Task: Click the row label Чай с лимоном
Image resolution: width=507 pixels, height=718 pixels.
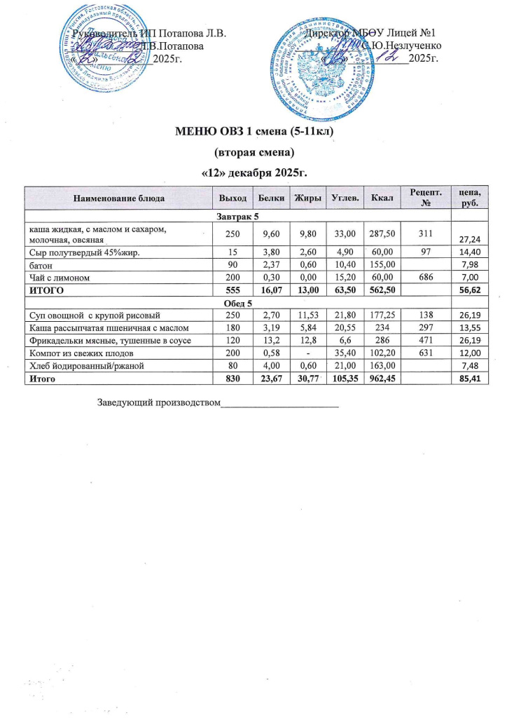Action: point(57,278)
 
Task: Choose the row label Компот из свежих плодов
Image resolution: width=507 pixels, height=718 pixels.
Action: point(76,352)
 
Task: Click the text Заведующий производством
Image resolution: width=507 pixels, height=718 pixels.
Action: point(158,403)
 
